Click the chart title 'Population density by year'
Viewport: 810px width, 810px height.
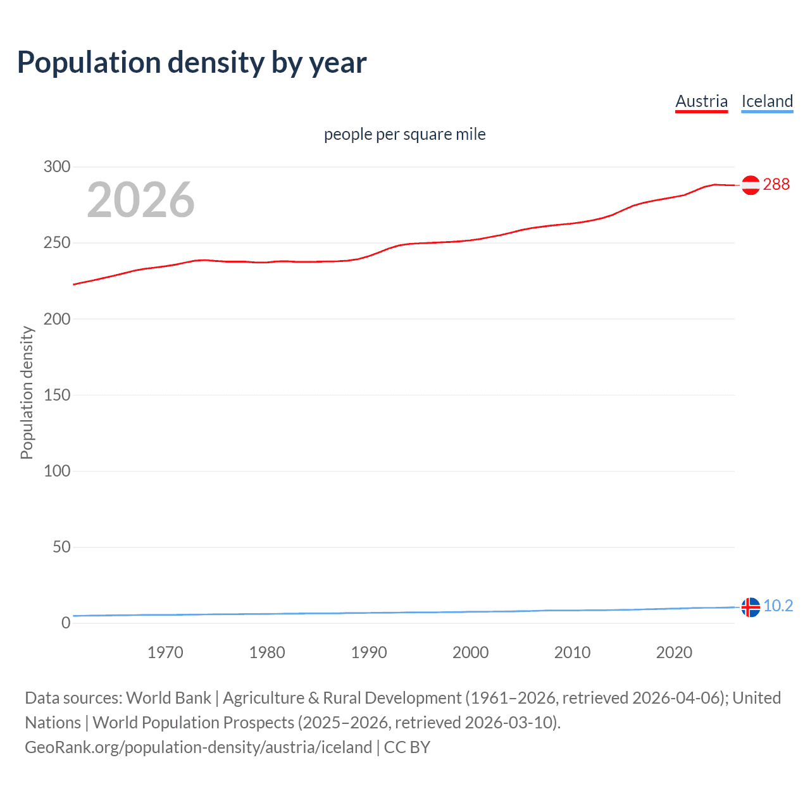(192, 63)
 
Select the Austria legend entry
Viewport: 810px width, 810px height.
(701, 101)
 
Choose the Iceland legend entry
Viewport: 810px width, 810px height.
(767, 101)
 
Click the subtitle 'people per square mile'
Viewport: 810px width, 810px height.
(404, 134)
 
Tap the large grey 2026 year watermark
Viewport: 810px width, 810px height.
(140, 200)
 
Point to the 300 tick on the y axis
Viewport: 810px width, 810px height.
(57, 167)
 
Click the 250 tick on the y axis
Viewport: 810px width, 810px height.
(57, 243)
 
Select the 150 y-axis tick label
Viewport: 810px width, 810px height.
(57, 395)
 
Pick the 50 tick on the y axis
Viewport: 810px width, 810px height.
(61, 547)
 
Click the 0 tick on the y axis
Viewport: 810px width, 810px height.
(66, 623)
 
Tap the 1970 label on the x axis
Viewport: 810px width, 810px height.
(165, 652)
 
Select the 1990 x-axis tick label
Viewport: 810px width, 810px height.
(369, 652)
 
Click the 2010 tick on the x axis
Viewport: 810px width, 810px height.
(572, 652)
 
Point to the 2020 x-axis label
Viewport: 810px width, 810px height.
(674, 652)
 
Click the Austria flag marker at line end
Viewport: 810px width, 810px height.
(751, 185)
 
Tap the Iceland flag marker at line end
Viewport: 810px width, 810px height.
(751, 607)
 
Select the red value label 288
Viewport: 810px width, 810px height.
(776, 184)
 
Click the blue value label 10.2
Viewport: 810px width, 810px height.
(778, 606)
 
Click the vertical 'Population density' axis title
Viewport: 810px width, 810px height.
(27, 392)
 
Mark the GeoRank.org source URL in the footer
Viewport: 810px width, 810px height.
(198, 747)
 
